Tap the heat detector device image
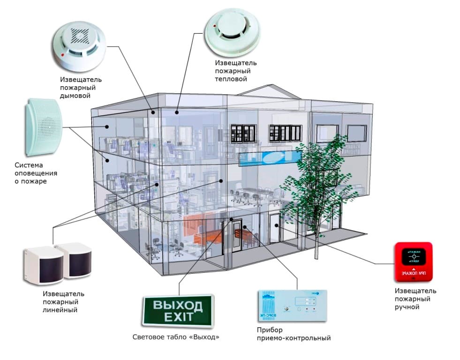[x=232, y=34]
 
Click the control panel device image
[x=292, y=307]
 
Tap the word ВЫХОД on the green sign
[x=178, y=306]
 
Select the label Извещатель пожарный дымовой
[x=80, y=87]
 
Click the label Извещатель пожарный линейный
[x=63, y=302]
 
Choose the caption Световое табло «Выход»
[x=176, y=337]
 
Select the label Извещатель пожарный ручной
[x=415, y=299]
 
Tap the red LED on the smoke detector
[x=62, y=56]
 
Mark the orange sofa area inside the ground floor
[x=202, y=229]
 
